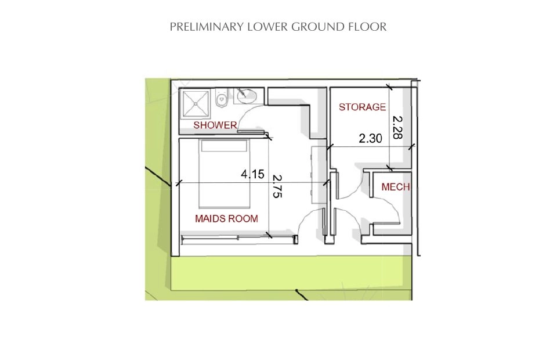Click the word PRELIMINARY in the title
click(207, 27)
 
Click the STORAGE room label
click(362, 107)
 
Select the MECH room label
click(395, 187)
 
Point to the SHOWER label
click(215, 125)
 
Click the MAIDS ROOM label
click(226, 218)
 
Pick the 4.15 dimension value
click(252, 174)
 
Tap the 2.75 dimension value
click(277, 186)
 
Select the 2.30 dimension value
click(370, 138)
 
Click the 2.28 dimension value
click(398, 127)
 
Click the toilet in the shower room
click(222, 98)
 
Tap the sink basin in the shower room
click(247, 96)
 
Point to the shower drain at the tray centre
click(195, 104)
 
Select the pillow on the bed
click(224, 146)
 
